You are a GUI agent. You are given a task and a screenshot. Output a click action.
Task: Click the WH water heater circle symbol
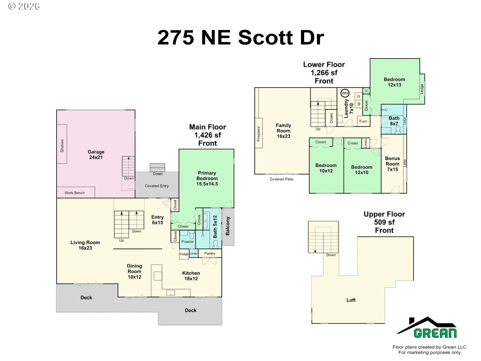345,93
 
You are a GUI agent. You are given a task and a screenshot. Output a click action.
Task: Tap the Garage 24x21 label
96,154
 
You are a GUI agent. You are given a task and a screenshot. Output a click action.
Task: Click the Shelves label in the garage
62,146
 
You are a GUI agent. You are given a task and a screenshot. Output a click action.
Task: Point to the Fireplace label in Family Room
259,134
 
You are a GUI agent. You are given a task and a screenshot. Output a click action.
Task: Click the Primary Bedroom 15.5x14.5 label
207,178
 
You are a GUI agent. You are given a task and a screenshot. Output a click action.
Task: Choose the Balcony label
227,226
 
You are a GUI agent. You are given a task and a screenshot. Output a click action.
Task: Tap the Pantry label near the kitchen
210,253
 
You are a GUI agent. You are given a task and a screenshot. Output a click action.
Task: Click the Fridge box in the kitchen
184,254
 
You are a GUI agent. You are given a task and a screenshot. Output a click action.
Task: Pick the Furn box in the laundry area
363,121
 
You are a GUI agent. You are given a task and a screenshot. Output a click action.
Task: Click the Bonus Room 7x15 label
392,164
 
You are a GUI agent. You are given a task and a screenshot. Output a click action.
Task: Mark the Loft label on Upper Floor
351,300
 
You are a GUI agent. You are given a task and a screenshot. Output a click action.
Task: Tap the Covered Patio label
282,179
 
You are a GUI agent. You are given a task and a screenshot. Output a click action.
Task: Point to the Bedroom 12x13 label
394,82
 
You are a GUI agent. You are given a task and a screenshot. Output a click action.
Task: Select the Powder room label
188,242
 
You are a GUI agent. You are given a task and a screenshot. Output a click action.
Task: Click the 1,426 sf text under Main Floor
207,135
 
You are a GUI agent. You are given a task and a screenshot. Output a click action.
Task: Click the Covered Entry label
157,186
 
